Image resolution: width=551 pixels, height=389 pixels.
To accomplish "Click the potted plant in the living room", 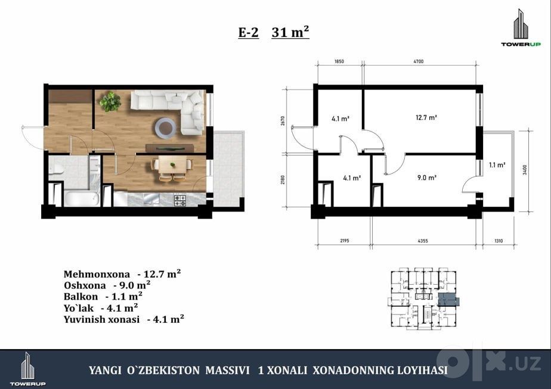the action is pyautogui.click(x=110, y=102).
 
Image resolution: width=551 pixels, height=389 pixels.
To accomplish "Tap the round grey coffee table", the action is pyautogui.click(x=166, y=127).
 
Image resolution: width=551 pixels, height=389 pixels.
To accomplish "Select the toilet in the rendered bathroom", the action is pyautogui.click(x=55, y=171).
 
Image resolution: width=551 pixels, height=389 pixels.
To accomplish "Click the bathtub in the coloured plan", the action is pyautogui.click(x=82, y=198).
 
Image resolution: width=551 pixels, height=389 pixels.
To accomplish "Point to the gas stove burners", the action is pyautogui.click(x=180, y=201).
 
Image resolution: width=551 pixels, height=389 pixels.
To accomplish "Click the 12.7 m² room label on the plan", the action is pyautogui.click(x=426, y=117).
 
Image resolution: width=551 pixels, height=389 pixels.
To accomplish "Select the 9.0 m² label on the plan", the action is pyautogui.click(x=426, y=178).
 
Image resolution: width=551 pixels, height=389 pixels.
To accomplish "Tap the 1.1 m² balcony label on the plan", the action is pyautogui.click(x=497, y=164).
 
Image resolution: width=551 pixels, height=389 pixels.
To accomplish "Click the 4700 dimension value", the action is pyautogui.click(x=418, y=61).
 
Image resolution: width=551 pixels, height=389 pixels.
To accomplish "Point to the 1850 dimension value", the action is pyautogui.click(x=339, y=61).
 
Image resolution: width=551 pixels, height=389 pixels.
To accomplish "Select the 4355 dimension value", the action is pyautogui.click(x=423, y=241).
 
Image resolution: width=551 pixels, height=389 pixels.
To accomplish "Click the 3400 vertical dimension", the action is pyautogui.click(x=525, y=170).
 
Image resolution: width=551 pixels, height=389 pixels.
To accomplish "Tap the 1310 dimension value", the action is pyautogui.click(x=499, y=241).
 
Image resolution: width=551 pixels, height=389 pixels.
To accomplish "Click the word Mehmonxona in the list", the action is pyautogui.click(x=97, y=274).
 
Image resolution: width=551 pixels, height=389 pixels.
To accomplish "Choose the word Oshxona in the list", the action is pyautogui.click(x=85, y=285).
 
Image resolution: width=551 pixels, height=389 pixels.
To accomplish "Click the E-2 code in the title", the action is pyautogui.click(x=249, y=33).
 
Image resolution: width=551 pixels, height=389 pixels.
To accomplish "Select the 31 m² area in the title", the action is pyautogui.click(x=290, y=32).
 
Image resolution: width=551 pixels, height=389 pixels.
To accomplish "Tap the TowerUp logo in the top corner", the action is pyautogui.click(x=521, y=28).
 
